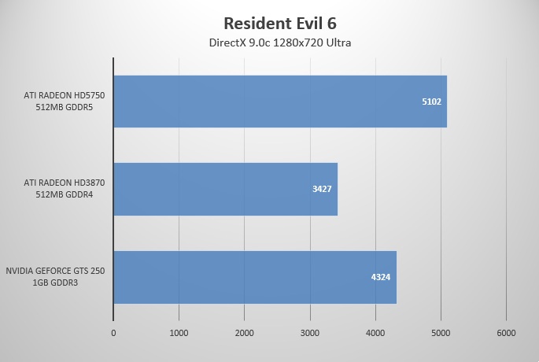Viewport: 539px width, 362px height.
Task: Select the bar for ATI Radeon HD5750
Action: [280, 102]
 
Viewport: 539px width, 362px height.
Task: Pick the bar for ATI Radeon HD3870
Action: [225, 189]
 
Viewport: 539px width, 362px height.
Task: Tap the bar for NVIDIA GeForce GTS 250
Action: [255, 277]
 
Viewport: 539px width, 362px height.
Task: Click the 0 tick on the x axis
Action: [113, 333]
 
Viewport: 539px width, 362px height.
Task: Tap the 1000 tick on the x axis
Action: [179, 333]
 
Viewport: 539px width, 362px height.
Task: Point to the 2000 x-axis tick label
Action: [245, 333]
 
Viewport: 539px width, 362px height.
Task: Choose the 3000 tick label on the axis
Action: [310, 333]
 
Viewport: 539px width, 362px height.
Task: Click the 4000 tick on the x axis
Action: [375, 333]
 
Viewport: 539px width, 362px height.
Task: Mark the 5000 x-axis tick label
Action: [441, 333]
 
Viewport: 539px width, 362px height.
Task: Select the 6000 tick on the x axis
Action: [506, 333]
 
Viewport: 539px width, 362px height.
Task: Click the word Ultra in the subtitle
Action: [337, 42]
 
